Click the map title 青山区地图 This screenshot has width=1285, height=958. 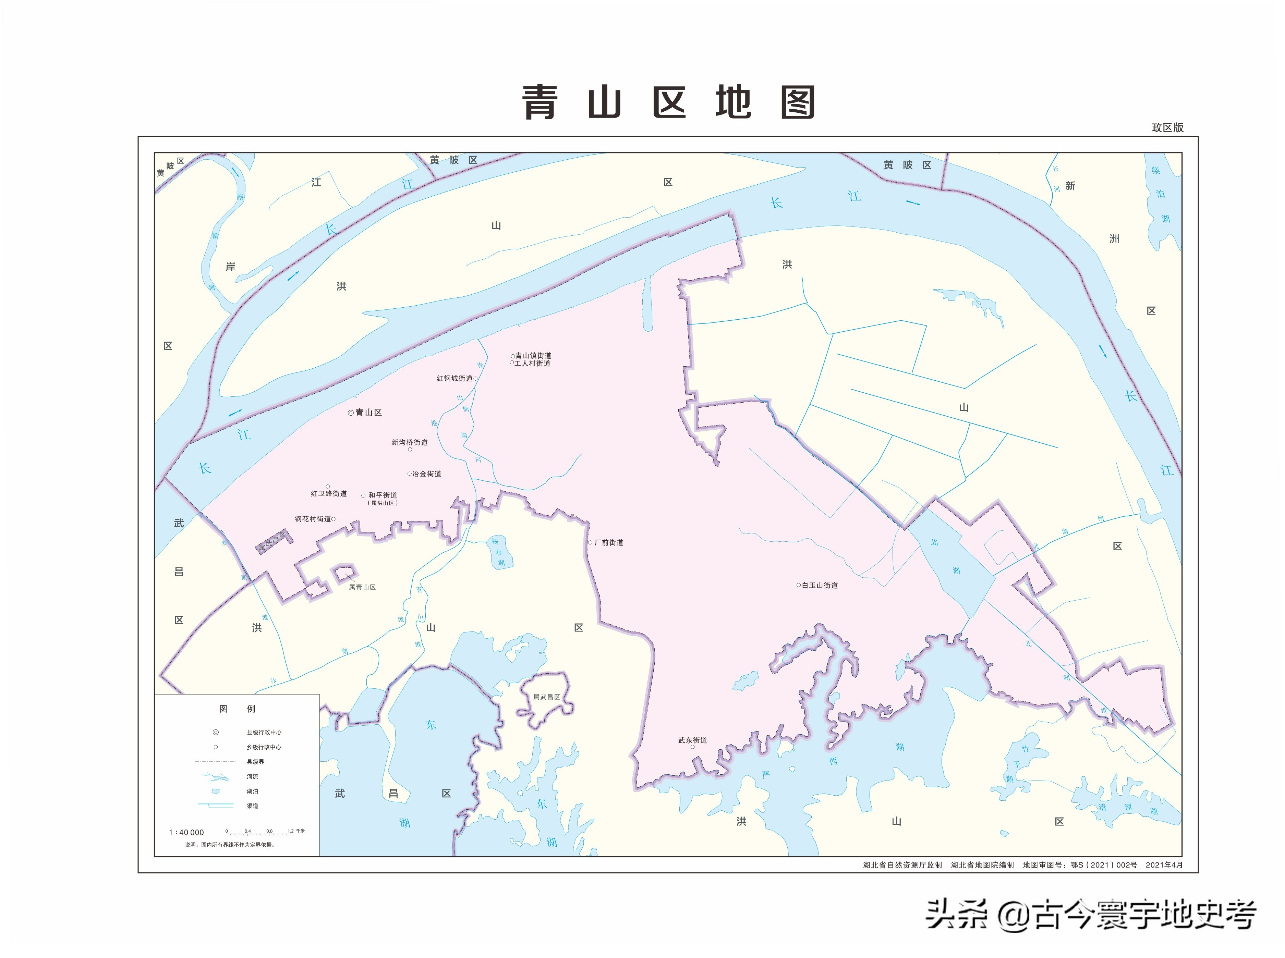(x=668, y=103)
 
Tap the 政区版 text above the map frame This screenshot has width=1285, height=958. (x=1167, y=127)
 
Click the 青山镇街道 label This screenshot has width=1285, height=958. (x=533, y=355)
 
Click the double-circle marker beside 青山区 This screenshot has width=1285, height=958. (x=350, y=413)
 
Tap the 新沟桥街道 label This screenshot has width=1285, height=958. (x=410, y=442)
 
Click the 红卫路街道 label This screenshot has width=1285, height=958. (x=328, y=493)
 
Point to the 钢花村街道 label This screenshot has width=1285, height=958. (x=313, y=519)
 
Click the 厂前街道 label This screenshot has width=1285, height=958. (x=608, y=543)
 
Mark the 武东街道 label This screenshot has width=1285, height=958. (x=692, y=740)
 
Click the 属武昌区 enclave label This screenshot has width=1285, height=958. (x=546, y=697)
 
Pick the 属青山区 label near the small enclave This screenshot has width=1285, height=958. (x=362, y=587)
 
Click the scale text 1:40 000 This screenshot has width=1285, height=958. (x=186, y=833)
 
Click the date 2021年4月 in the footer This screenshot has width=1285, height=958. (x=1163, y=865)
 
